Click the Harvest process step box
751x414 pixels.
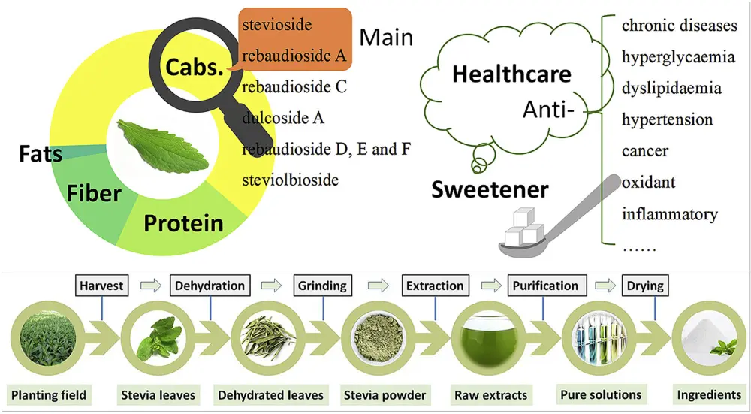(100, 286)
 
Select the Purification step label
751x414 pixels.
(545, 286)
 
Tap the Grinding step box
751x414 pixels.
(322, 286)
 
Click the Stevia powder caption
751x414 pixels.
(385, 394)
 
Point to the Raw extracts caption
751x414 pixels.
(490, 394)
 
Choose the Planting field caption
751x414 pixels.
(49, 394)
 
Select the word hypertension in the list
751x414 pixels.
(667, 119)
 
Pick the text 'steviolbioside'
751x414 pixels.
(290, 180)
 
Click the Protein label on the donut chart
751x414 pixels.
(183, 223)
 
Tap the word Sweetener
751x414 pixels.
(490, 189)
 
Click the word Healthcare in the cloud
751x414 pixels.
(512, 74)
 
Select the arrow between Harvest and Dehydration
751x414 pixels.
(150, 286)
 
